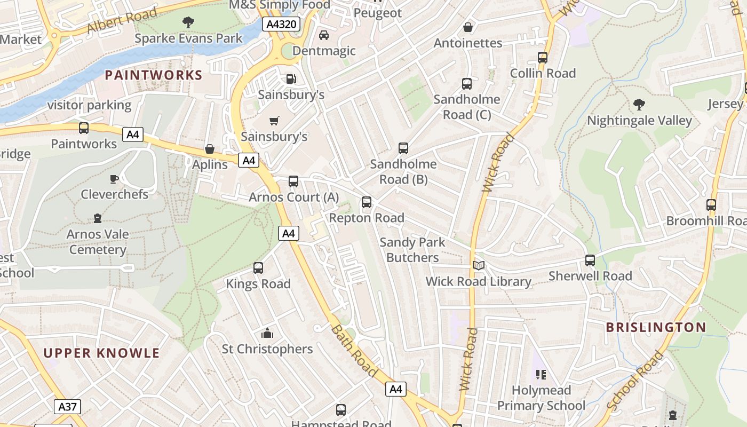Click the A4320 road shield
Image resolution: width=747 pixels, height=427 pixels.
281,24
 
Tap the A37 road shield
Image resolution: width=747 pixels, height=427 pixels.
67,407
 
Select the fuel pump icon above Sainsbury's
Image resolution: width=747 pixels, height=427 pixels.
291,79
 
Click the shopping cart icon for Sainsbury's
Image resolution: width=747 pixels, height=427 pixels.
274,121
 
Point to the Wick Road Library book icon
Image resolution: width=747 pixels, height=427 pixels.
479,265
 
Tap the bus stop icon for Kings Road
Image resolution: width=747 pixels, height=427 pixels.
258,268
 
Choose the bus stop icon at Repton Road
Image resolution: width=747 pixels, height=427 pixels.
367,202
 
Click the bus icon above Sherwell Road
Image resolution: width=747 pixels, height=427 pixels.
590,260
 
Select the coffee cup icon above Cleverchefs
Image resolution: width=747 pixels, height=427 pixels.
114,179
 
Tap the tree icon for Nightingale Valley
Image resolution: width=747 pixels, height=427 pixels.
639,105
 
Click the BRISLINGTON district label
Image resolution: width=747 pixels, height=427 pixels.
656,327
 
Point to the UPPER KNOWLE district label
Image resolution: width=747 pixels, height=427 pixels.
101,353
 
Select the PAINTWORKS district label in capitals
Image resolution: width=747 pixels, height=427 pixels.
154,75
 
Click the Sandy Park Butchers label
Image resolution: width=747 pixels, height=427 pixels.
412,250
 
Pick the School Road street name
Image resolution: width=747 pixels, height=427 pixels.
634,381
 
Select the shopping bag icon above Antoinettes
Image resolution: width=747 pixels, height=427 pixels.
468,27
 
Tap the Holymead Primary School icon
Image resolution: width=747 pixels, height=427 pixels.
541,375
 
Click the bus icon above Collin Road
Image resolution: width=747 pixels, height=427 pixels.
543,58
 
